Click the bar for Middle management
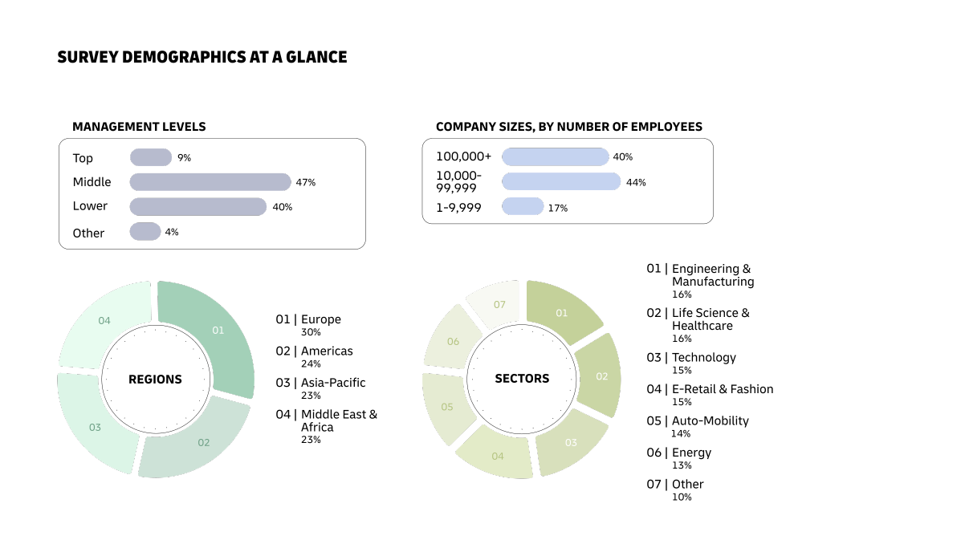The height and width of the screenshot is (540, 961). pos(210,182)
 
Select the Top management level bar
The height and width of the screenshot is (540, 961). pos(151,157)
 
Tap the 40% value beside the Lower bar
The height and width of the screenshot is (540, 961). pos(282,207)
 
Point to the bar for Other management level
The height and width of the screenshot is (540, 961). pos(145,232)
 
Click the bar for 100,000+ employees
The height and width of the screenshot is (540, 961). pos(555,156)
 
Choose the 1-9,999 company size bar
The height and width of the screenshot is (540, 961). pos(523,207)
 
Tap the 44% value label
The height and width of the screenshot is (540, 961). pos(636,182)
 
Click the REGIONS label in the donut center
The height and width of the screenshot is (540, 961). pos(155,380)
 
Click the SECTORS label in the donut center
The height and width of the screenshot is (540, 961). pos(522,379)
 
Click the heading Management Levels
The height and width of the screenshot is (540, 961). pos(139,127)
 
